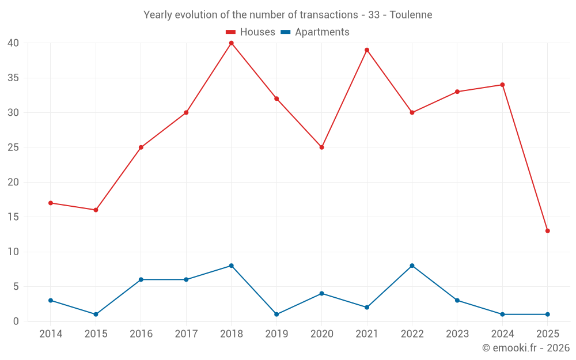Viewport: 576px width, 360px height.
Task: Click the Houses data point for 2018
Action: (231, 43)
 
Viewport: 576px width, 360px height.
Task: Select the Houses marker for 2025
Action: (547, 231)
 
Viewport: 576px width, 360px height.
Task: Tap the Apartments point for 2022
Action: (412, 266)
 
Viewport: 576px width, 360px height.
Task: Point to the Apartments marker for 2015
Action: (96, 314)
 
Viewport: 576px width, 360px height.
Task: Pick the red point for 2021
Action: (367, 50)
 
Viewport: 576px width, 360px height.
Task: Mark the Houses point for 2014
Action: (51, 203)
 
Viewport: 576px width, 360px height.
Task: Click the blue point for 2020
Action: (321, 294)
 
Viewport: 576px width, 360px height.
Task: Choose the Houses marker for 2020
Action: (321, 147)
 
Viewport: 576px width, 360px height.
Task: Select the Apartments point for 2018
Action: (231, 266)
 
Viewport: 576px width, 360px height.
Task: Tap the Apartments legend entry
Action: (314, 32)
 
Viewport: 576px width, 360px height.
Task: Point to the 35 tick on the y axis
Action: (13, 78)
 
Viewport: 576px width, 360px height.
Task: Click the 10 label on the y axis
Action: (13, 252)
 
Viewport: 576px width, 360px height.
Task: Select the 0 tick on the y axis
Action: (16, 321)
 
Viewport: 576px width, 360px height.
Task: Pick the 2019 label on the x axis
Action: (276, 334)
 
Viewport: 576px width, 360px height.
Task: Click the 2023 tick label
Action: (457, 334)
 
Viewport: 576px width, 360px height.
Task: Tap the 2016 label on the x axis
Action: (141, 334)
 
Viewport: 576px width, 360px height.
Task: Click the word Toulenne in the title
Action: (411, 15)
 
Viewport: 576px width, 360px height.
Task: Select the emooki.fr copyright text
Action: (525, 348)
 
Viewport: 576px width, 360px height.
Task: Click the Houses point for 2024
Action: (502, 85)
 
